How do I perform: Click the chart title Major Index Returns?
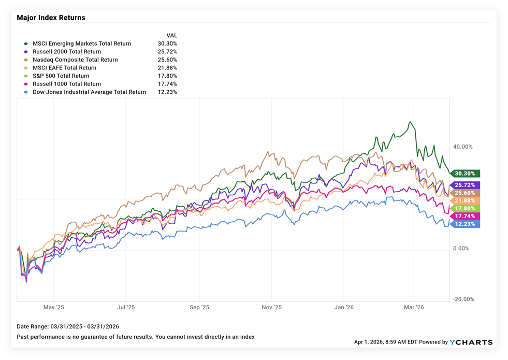[x=51, y=18]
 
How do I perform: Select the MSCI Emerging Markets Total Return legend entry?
[x=81, y=44]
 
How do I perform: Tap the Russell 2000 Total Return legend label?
[x=67, y=52]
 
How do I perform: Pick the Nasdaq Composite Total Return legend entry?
[x=75, y=60]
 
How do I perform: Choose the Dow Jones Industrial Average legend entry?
[x=89, y=92]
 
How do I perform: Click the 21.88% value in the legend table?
[x=167, y=68]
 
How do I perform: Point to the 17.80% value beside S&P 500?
[x=167, y=76]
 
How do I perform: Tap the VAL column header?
[x=171, y=36]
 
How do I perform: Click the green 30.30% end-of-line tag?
[x=466, y=174]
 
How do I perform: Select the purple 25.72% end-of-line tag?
[x=466, y=185]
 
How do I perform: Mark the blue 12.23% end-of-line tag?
[x=466, y=224]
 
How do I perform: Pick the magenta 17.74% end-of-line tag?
[x=466, y=216]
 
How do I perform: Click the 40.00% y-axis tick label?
[x=462, y=147]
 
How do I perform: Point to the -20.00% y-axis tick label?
[x=462, y=299]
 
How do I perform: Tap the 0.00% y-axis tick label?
[x=460, y=249]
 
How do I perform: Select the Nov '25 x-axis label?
[x=271, y=307]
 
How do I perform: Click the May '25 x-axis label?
[x=54, y=307]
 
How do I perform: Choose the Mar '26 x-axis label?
[x=413, y=307]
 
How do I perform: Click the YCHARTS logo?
[x=471, y=342]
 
